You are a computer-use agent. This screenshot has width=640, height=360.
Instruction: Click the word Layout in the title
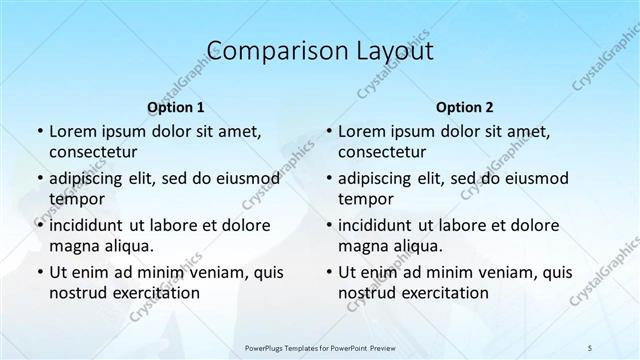398,51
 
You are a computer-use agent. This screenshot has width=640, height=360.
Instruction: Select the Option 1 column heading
176,107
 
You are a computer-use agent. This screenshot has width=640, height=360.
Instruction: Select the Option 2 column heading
465,107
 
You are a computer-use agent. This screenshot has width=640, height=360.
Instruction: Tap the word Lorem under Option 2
361,131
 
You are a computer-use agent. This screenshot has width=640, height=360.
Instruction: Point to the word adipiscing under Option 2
379,178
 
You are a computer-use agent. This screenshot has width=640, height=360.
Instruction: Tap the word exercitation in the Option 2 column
444,293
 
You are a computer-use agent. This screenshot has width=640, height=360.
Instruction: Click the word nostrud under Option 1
76,293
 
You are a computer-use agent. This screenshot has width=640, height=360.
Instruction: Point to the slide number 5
590,347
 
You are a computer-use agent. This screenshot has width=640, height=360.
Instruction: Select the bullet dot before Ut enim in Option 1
39,272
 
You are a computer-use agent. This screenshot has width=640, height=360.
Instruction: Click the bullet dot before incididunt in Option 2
328,225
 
